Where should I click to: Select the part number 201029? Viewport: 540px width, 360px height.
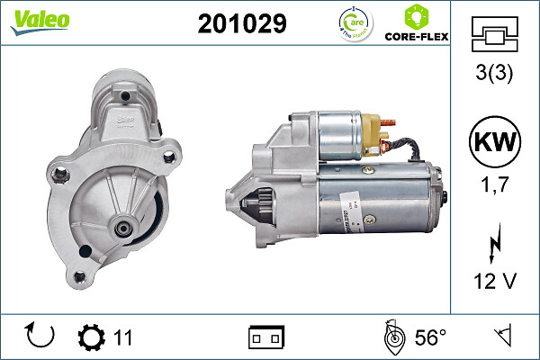[x=242, y=23]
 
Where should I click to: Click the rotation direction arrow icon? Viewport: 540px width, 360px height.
[x=40, y=337]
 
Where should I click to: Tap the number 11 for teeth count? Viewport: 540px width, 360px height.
[x=122, y=337]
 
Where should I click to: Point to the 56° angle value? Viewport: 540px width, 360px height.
[x=430, y=337]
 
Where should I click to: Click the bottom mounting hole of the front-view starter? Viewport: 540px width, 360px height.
[x=82, y=276]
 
